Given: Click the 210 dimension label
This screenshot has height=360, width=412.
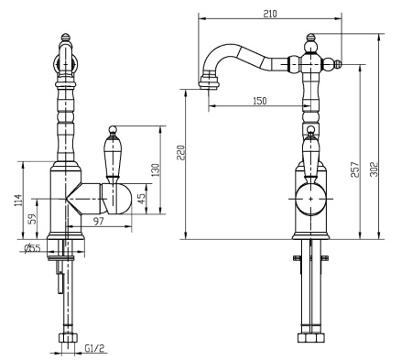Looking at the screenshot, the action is (x=270, y=14).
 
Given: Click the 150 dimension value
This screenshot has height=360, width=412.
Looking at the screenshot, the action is (x=260, y=101).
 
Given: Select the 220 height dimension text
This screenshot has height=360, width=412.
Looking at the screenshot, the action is (x=180, y=152).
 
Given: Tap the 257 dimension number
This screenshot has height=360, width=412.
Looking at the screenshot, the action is (x=355, y=169).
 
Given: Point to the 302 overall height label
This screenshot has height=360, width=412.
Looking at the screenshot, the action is (x=374, y=169).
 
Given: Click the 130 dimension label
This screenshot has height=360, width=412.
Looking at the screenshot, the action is (x=156, y=170).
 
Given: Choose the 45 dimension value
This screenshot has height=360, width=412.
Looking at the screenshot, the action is (x=141, y=199).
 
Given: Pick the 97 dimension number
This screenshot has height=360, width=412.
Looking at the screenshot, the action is (x=99, y=221).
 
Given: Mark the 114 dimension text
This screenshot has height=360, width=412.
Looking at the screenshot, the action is (x=18, y=200).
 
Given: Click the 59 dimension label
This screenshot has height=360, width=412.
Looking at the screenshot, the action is (x=32, y=219).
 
